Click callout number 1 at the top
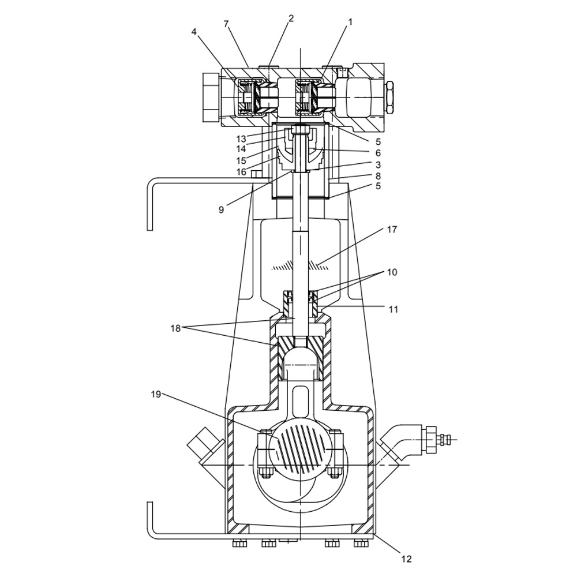coord(350,22)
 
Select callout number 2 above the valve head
coord(291,18)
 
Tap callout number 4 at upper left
coord(194,32)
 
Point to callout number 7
coord(226,24)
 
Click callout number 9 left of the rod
coord(221,210)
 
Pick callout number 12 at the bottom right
coord(406,559)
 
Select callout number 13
coord(241,139)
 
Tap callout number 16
coord(241,171)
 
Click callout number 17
coord(392,229)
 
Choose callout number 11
coord(393,309)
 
